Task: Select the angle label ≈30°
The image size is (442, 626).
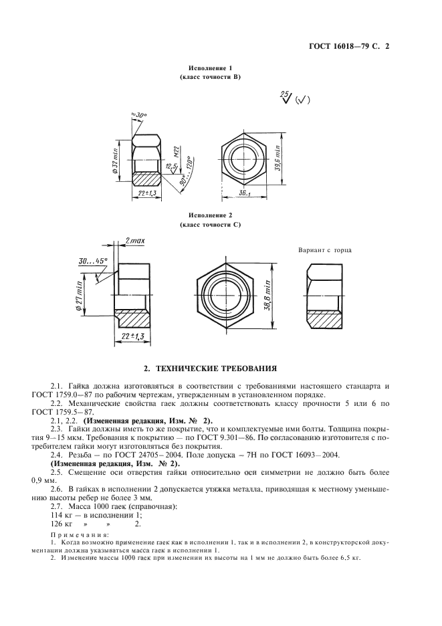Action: tap(139, 116)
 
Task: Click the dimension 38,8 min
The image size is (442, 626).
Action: tap(267, 296)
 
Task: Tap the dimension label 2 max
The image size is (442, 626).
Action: tap(134, 241)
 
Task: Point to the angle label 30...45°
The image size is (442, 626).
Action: tap(93, 261)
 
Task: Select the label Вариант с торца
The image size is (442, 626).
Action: tap(324, 250)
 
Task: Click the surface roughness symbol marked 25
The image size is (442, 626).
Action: tap(286, 98)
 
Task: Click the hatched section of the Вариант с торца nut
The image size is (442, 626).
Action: tap(324, 320)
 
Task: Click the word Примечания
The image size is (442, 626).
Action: tap(80, 534)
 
